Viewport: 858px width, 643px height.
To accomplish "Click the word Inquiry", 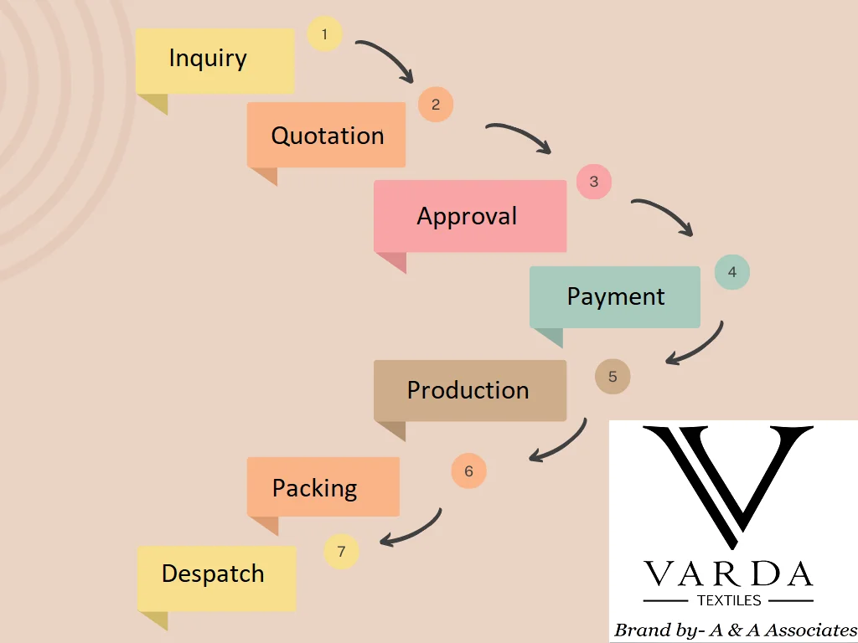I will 208,59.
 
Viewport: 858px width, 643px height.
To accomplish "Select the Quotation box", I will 326,135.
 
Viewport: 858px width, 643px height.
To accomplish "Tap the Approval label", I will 467,216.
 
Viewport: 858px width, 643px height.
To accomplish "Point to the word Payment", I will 616,296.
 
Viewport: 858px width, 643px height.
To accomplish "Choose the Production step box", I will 469,390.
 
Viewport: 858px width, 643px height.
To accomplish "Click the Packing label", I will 315,487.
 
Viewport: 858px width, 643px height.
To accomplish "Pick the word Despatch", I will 213,574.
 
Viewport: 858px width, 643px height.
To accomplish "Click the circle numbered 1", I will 324,35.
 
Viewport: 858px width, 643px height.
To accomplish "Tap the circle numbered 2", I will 436,105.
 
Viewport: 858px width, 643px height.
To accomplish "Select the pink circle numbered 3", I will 594,182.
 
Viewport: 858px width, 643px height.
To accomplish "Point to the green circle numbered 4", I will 732,272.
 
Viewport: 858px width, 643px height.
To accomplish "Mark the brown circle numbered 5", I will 612,377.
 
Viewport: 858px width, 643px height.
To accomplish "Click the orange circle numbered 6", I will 468,471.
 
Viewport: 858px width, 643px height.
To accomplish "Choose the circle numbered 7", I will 341,552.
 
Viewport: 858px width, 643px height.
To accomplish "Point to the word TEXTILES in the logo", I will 729,600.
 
